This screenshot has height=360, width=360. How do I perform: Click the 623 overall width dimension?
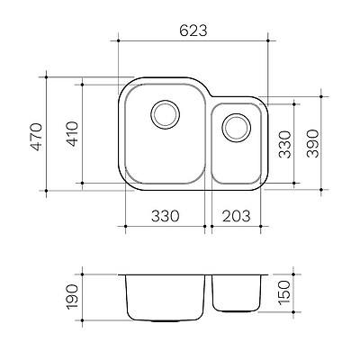[x=193, y=30]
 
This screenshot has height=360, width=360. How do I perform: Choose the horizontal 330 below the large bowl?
[x=163, y=216]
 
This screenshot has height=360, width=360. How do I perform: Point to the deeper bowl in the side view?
[x=165, y=297]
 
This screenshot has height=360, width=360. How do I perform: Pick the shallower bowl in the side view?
[x=236, y=292]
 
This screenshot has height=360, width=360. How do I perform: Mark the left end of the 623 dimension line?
[x=120, y=40]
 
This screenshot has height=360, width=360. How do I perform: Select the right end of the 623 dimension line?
[x=266, y=40]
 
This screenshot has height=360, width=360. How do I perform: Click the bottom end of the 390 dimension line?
[x=324, y=190]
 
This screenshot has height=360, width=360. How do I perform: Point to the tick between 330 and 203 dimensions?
[x=207, y=226]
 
